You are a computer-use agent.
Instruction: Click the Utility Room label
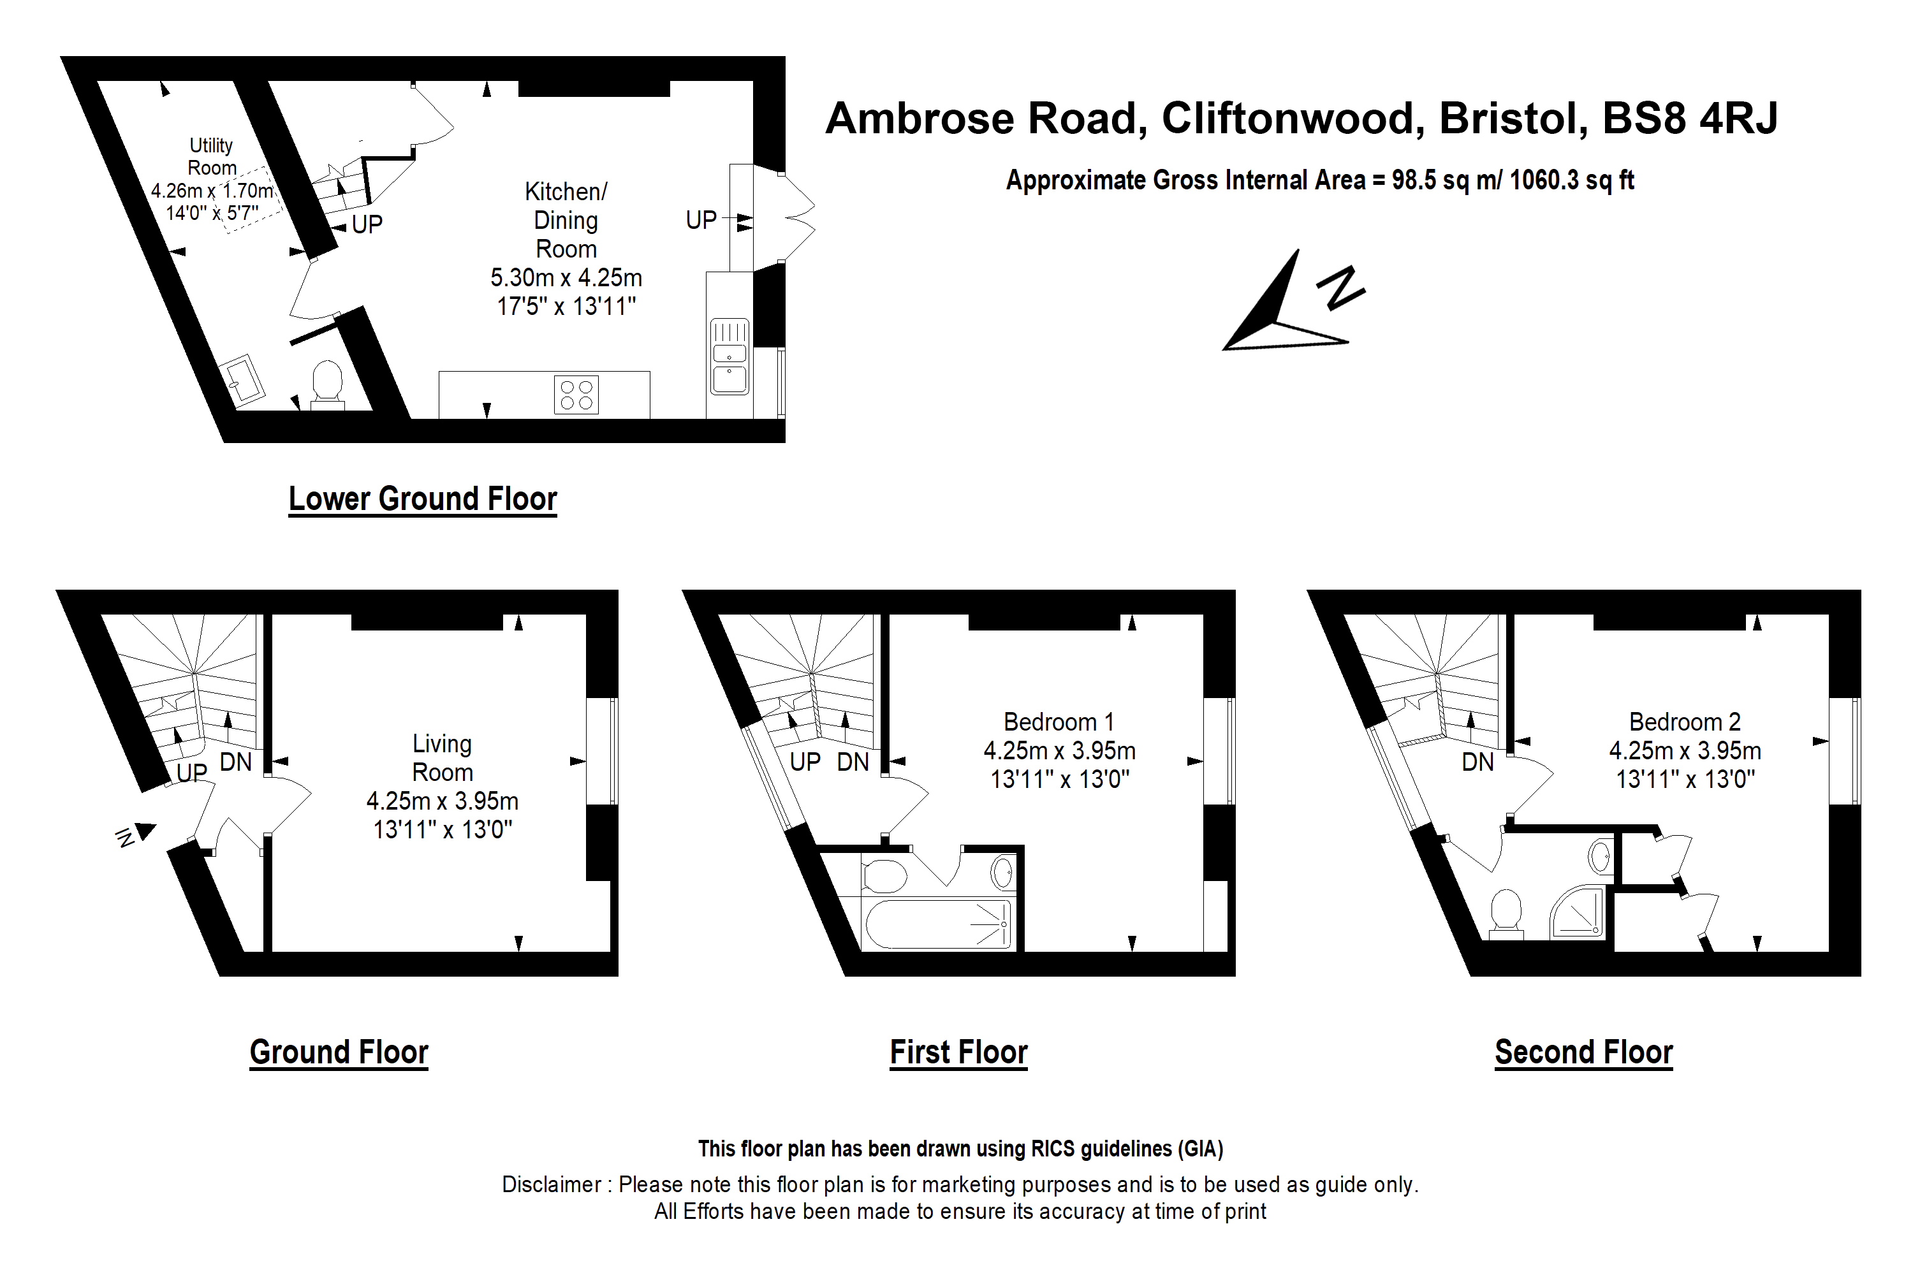[x=212, y=156]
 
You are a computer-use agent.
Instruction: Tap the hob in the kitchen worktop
[x=576, y=395]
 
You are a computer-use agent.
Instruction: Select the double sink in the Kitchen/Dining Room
[x=729, y=356]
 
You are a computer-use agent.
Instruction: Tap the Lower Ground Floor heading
[x=422, y=499]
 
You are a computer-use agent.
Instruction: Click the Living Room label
[x=442, y=758]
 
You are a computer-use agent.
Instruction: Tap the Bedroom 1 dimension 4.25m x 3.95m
[x=1059, y=750]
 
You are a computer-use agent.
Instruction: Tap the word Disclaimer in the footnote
[x=552, y=1184]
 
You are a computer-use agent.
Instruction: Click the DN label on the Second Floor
[x=1477, y=762]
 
